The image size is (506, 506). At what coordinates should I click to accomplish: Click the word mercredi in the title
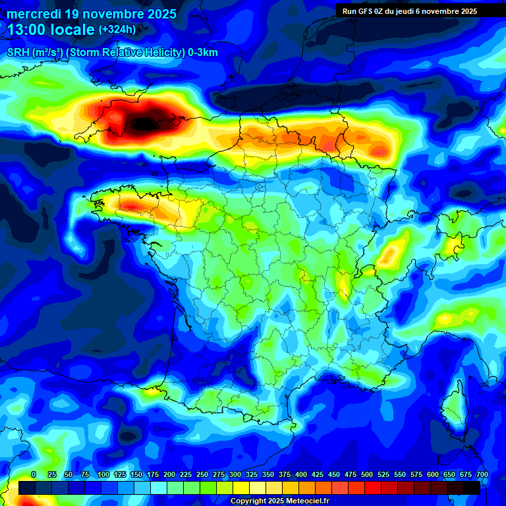pos(34,14)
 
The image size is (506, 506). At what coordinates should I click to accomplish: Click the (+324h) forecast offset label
pos(117,30)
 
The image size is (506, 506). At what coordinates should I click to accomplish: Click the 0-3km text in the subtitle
pos(203,53)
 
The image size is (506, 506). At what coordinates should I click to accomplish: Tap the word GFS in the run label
pos(368,11)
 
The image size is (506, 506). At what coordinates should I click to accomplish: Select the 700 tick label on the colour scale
pos(482,474)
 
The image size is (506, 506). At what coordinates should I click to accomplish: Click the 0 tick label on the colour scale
pos(34,474)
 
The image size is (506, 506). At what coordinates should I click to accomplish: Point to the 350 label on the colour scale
pos(268,474)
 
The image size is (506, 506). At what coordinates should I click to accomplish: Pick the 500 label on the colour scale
pos(367,474)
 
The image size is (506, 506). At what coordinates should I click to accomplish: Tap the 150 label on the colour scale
pos(136,474)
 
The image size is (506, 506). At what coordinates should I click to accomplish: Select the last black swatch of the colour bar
pos(472,488)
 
